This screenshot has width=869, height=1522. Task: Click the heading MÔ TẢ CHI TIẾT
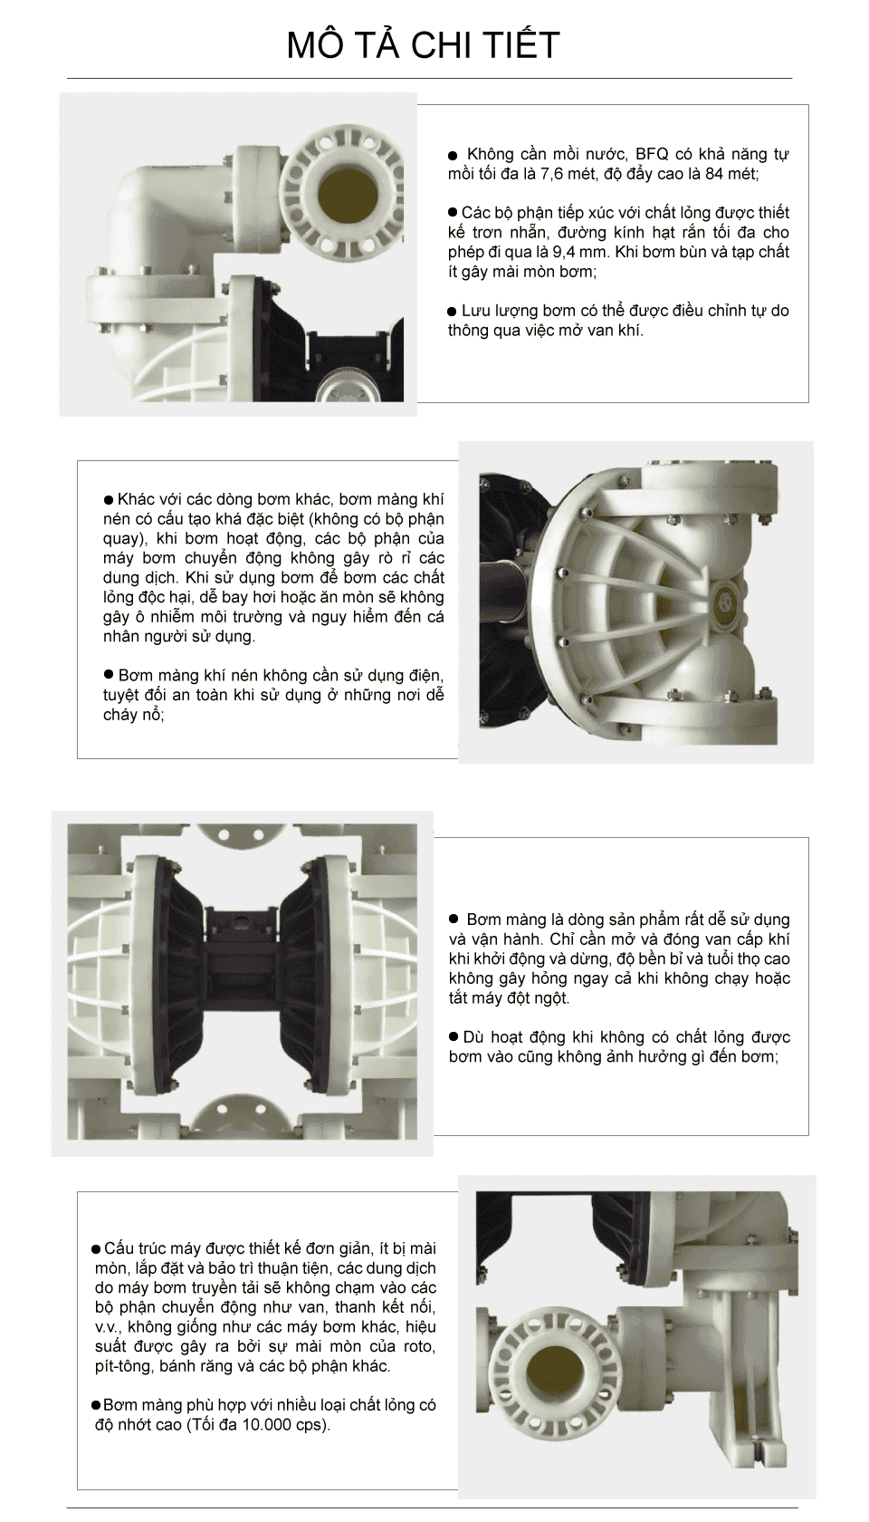click(x=423, y=44)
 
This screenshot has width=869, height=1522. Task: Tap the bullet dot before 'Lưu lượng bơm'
click(x=453, y=312)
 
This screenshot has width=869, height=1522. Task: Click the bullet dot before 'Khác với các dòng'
click(x=109, y=500)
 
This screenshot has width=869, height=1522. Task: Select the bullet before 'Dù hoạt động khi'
click(x=454, y=1036)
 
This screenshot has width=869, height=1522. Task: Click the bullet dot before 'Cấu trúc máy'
click(x=96, y=1249)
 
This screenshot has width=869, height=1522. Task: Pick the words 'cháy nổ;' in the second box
click(x=134, y=716)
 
